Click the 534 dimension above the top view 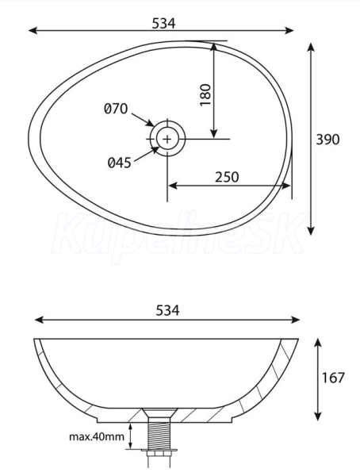(x=163, y=23)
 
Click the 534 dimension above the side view (x=167, y=310)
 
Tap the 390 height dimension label (x=327, y=140)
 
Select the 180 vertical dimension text (x=206, y=94)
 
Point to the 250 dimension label (x=227, y=177)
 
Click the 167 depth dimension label (x=333, y=378)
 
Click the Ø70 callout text (x=116, y=109)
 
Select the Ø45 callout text (x=119, y=163)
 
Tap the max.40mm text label (x=97, y=437)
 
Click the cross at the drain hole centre (x=167, y=139)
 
